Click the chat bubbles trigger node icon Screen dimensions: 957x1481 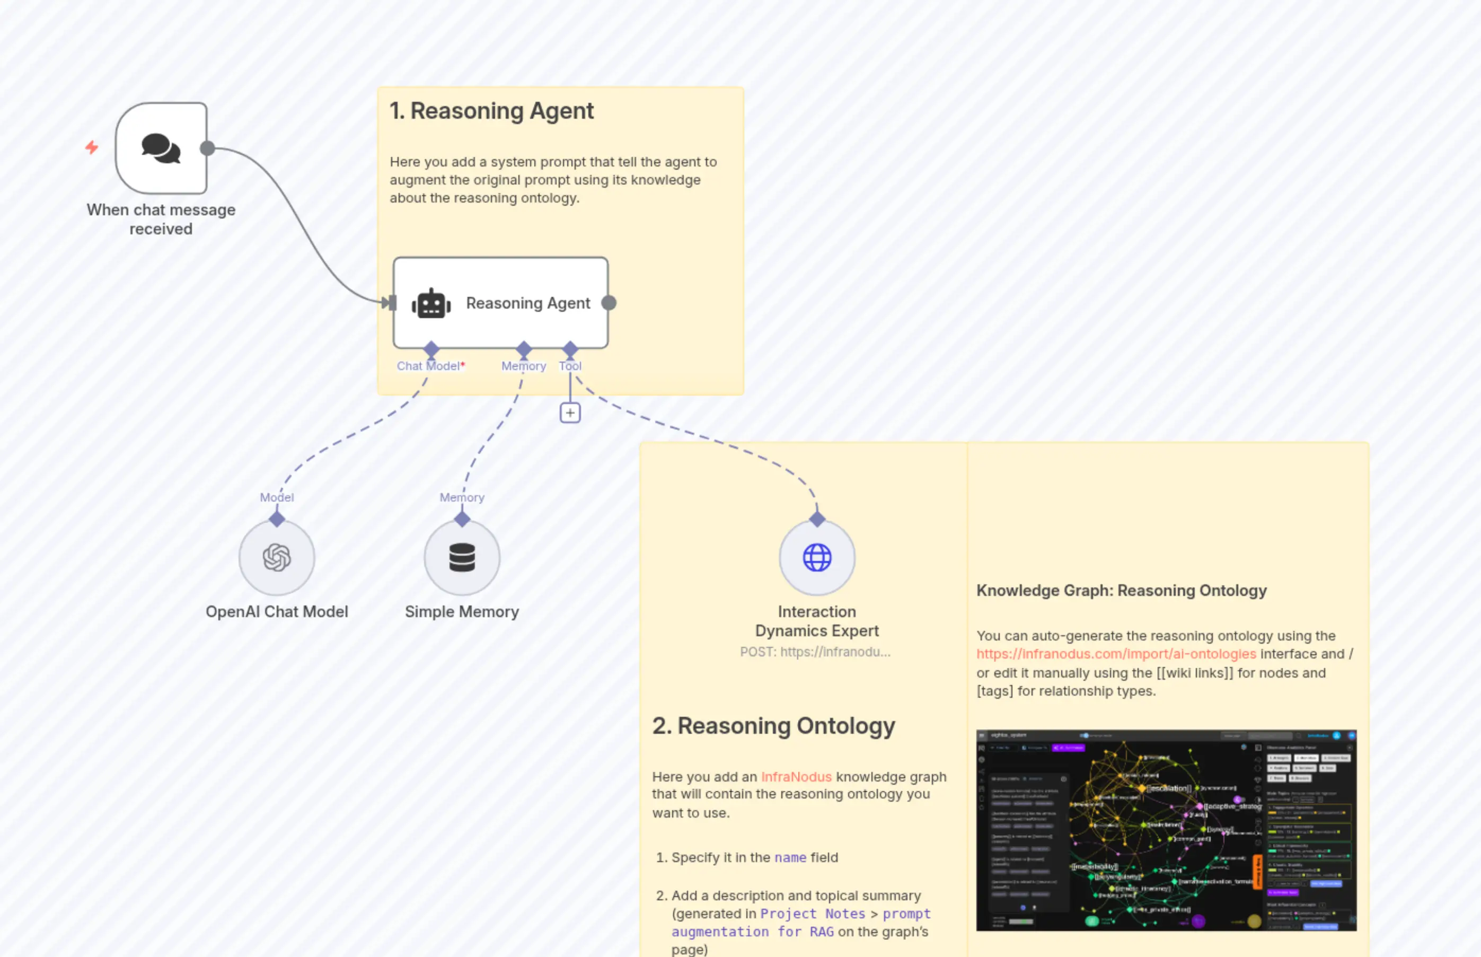pyautogui.click(x=161, y=148)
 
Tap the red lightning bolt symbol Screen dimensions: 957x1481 pyautogui.click(x=92, y=147)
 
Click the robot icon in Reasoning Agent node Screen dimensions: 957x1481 pyautogui.click(x=431, y=304)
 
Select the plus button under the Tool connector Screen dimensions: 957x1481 pyautogui.click(x=570, y=412)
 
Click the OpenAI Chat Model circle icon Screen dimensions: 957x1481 pyautogui.click(x=277, y=557)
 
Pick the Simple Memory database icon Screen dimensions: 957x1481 pyautogui.click(x=462, y=557)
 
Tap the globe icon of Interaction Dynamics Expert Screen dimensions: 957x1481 pyautogui.click(x=817, y=557)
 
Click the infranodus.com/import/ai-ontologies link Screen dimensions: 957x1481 pyautogui.click(x=1116, y=654)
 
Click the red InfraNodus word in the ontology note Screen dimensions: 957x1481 pyautogui.click(x=796, y=777)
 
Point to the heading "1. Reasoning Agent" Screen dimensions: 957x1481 pyautogui.click(x=491, y=111)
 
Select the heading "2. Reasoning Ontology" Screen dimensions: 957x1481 pyautogui.click(x=773, y=726)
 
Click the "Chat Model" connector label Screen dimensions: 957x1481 pyautogui.click(x=428, y=366)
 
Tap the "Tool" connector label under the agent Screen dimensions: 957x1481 pyautogui.click(x=570, y=366)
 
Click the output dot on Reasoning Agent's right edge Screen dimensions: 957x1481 pyautogui.click(x=609, y=303)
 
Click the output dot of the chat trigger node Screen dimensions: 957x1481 pyautogui.click(x=207, y=148)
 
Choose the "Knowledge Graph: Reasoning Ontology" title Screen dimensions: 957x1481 pyautogui.click(x=1121, y=590)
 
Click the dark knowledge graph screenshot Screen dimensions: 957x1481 pyautogui.click(x=1166, y=830)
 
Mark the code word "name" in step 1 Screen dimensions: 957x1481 pyautogui.click(x=790, y=857)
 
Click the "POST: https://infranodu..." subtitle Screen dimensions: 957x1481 pyautogui.click(x=815, y=652)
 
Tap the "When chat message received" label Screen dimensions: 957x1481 pyautogui.click(x=161, y=220)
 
